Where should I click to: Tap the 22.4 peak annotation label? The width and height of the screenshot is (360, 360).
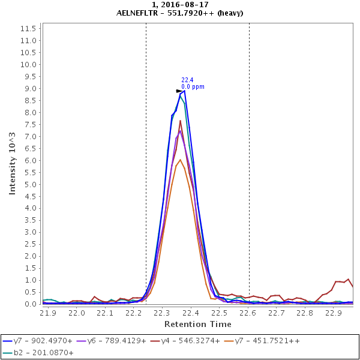187,80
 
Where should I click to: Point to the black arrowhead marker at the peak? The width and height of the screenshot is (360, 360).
179,91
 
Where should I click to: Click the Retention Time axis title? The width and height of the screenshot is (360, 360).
197,325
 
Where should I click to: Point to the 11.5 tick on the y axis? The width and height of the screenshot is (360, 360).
29,29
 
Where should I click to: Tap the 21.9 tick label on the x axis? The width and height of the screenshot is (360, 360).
48,313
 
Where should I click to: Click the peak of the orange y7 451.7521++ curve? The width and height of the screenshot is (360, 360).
180,160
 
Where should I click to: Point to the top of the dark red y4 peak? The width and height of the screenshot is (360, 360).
180,121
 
